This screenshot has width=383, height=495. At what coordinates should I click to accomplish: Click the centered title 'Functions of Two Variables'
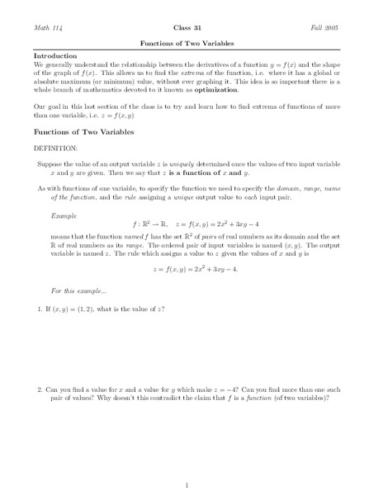tap(191, 45)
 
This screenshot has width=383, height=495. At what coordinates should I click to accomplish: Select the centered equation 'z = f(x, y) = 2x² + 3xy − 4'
tap(191, 293)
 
